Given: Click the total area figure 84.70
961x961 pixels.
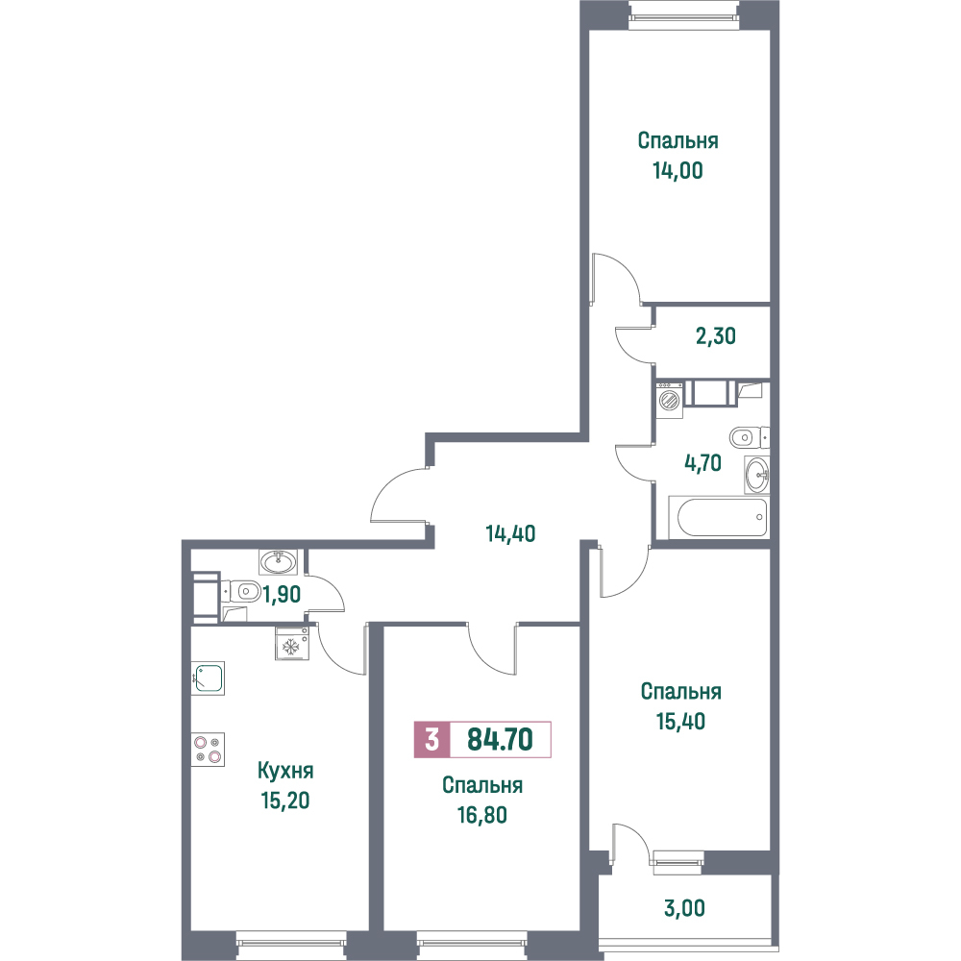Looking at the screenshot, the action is tap(500, 740).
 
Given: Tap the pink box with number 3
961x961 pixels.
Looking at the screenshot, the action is tap(432, 740).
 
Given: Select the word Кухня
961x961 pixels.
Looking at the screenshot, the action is tap(285, 771).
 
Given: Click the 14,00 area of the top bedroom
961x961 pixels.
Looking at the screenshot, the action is tap(678, 170).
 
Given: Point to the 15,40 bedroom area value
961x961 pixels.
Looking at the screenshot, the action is tap(681, 722).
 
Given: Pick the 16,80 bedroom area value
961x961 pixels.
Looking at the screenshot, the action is tap(482, 815).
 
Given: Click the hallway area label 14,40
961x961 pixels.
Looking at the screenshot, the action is tap(510, 533).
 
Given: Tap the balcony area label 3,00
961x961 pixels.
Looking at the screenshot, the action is tap(684, 908).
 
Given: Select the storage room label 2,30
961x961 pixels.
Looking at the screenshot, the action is tap(716, 335).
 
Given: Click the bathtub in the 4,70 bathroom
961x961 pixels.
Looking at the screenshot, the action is tap(718, 518).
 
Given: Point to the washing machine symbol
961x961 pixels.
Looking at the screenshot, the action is tap(670, 400).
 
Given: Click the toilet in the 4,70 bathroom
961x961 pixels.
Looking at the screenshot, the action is tap(749, 437).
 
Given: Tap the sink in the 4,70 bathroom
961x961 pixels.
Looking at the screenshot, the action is tap(757, 475).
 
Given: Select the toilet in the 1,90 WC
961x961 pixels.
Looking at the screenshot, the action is tap(240, 591).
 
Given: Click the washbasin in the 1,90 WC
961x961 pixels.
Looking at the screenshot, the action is tap(279, 561).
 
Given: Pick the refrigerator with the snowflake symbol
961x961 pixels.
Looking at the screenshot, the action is tap(292, 644).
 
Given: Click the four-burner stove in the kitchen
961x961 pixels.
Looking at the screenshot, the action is tap(208, 749).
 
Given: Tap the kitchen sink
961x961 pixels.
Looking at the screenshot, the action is tap(208, 678).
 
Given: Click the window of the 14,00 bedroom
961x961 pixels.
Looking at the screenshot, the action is tap(684, 12).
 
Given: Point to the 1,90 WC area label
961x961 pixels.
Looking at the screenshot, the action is tap(282, 594).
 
